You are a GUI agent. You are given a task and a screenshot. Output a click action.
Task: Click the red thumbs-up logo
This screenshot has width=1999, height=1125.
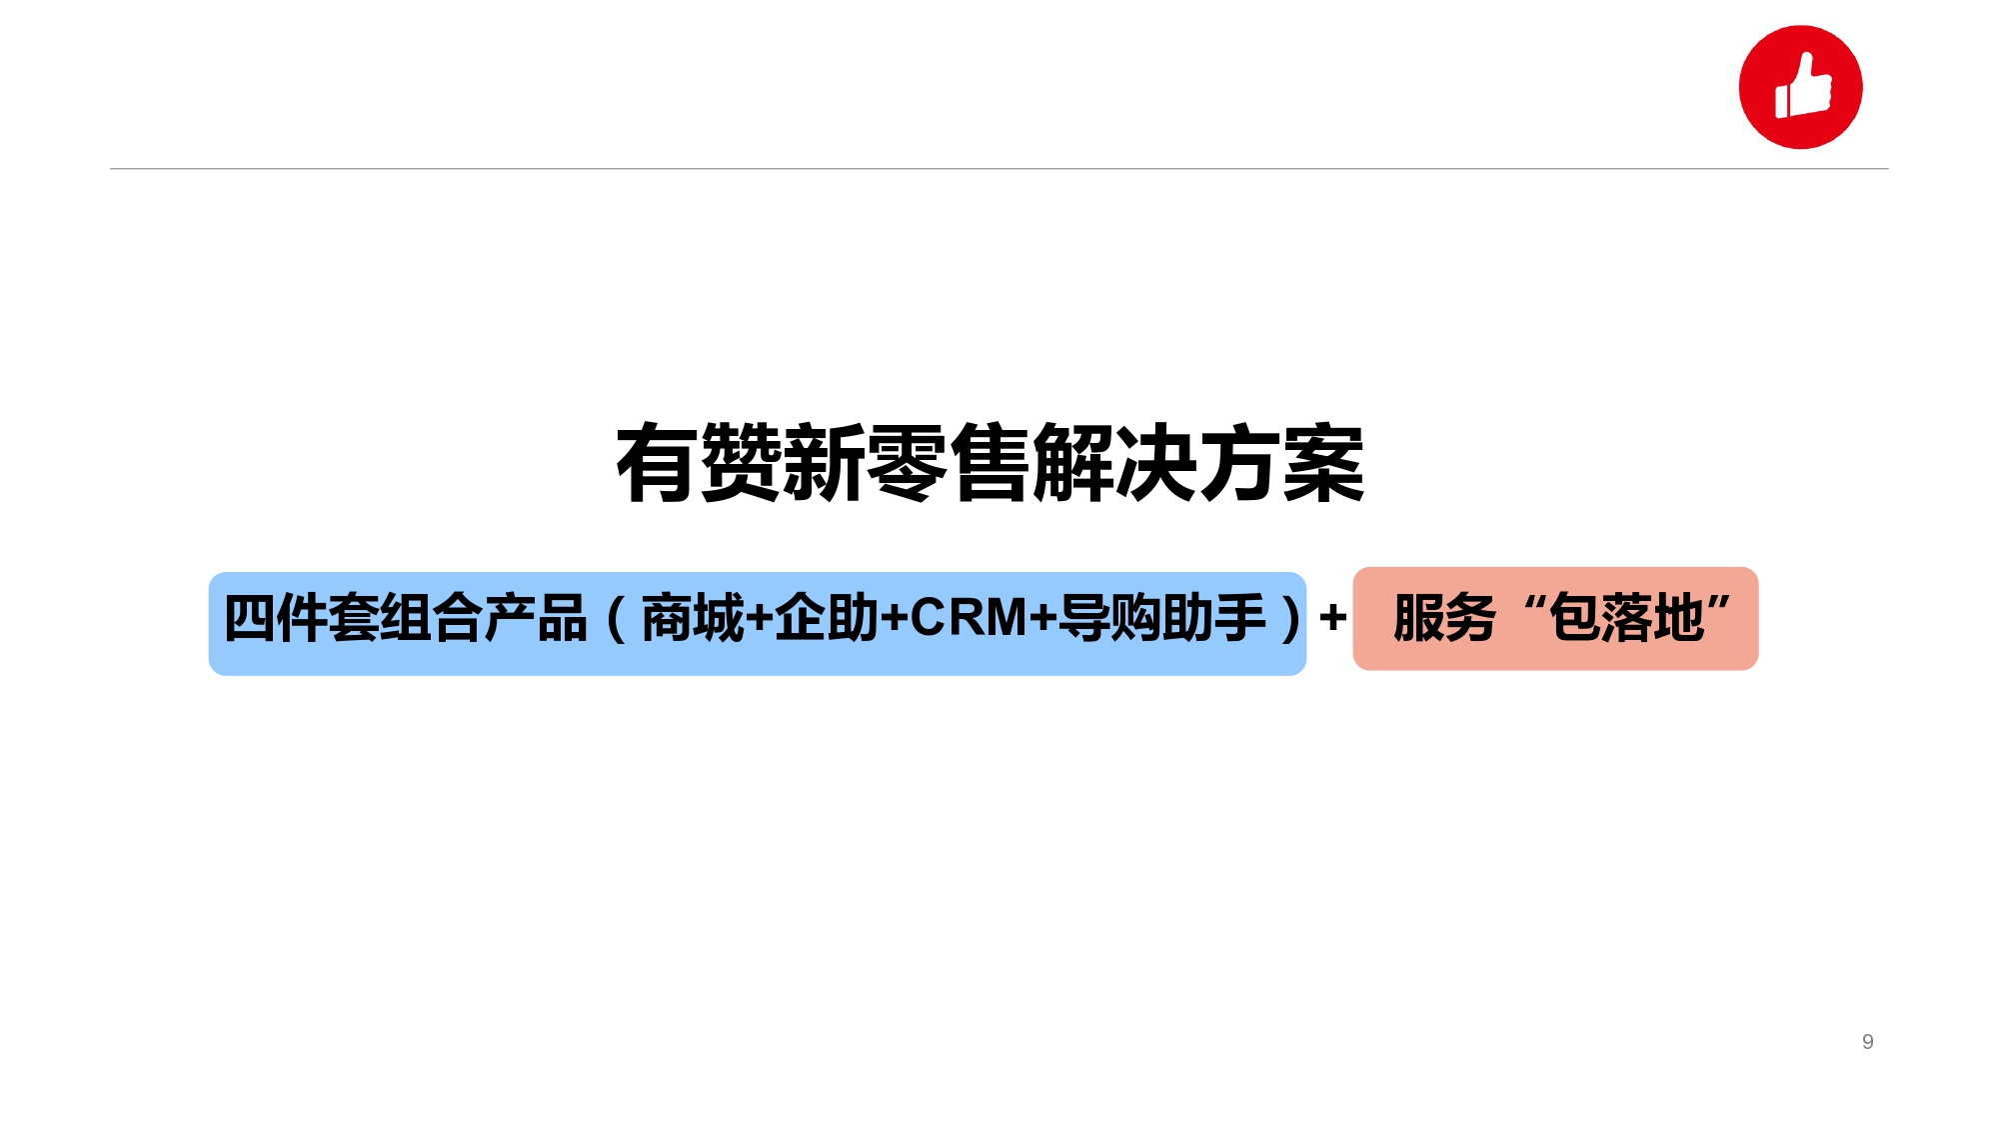(x=1800, y=87)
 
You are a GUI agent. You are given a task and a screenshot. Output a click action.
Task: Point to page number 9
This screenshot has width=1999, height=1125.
(x=1867, y=1042)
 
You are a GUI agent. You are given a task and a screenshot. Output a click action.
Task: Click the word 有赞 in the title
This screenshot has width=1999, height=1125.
(x=699, y=463)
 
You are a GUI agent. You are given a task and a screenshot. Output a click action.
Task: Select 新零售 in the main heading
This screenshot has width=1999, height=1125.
(x=907, y=463)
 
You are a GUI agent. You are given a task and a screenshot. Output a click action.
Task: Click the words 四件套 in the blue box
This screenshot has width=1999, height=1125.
(x=301, y=618)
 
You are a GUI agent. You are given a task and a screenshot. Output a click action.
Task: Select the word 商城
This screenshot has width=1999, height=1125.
(x=693, y=618)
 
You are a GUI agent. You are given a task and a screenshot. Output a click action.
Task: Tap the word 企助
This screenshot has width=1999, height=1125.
(x=827, y=618)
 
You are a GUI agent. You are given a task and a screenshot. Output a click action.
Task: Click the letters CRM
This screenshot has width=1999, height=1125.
(x=969, y=618)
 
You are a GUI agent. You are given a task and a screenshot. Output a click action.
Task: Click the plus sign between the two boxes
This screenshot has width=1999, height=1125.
(x=1332, y=617)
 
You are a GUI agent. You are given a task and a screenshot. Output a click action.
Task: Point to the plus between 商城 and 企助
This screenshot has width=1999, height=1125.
(x=760, y=619)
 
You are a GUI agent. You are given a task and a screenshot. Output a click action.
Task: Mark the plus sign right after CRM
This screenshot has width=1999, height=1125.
(x=1043, y=619)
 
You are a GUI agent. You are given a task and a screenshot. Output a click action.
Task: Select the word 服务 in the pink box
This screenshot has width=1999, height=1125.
(x=1444, y=618)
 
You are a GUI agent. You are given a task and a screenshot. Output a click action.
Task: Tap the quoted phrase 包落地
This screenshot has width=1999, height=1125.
(x=1626, y=618)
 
